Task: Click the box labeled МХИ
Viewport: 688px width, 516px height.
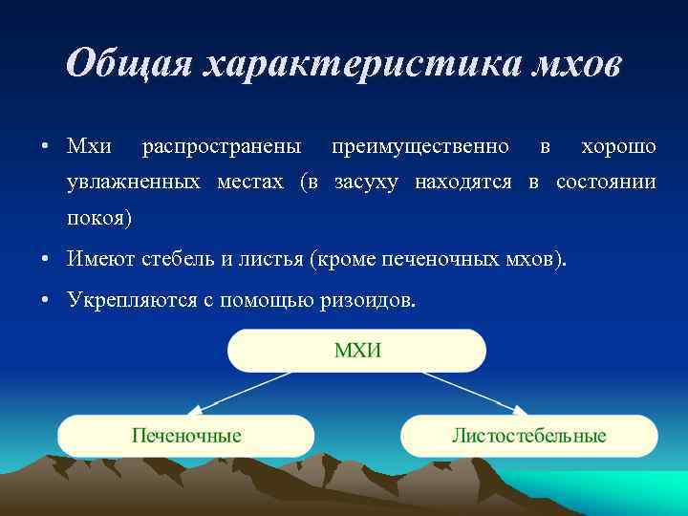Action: coord(356,350)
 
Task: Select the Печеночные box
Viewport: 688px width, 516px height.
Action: coord(186,436)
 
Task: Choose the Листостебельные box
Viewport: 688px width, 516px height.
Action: coord(528,436)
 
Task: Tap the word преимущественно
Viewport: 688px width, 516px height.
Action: coord(419,147)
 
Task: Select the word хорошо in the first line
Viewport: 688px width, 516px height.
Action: coord(618,147)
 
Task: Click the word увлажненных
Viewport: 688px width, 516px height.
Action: coord(132,183)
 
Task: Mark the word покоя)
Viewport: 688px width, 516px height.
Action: coord(100,218)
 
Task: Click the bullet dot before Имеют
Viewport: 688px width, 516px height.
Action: coord(46,260)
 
